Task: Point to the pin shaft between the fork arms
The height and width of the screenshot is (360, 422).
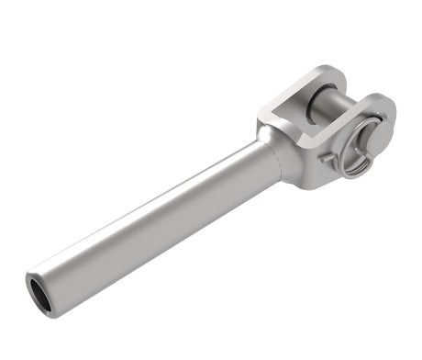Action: point(320,101)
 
